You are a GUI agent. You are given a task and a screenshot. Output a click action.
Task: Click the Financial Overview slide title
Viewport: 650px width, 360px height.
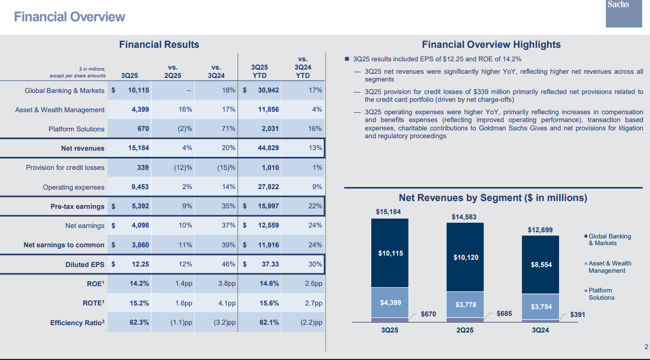[70, 17]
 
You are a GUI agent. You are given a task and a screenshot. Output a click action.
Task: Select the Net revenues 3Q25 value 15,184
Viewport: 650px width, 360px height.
[139, 148]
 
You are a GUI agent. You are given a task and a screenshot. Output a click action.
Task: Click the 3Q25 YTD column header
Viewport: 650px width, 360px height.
[260, 71]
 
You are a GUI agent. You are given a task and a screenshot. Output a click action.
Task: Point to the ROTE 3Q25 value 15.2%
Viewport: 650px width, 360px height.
[139, 303]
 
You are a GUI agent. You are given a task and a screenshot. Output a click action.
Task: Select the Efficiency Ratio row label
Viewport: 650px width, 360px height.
[77, 323]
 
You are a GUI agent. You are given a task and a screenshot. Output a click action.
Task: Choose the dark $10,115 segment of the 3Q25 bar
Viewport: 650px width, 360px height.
[390, 254]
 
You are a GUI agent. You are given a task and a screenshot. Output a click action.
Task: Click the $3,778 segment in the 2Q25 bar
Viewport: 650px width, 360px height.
[466, 305]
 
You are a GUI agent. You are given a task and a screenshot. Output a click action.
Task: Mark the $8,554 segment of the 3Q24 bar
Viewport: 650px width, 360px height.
[541, 264]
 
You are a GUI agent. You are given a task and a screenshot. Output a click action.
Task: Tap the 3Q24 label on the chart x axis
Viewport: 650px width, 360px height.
[541, 331]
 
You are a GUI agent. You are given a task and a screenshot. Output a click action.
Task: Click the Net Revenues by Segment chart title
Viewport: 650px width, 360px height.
[493, 198]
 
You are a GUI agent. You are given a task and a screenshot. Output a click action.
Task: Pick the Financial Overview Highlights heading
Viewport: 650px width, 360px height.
[491, 45]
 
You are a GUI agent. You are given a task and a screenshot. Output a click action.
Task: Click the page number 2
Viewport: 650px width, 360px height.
[646, 347]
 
